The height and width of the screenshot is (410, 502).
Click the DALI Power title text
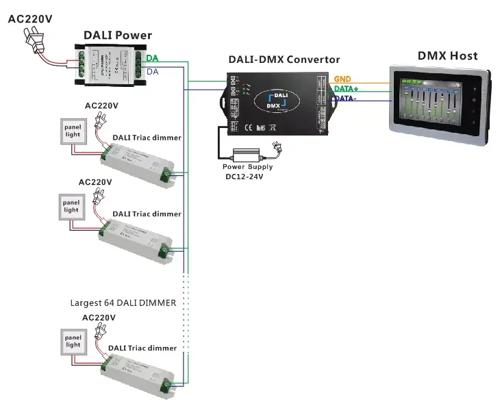[x=118, y=35]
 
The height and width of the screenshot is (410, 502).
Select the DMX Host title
[x=447, y=55]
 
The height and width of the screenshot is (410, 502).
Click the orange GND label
[x=342, y=79]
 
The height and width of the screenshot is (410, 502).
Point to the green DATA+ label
[x=347, y=89]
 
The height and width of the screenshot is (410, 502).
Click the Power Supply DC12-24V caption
[x=247, y=171]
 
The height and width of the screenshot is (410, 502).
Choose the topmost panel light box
[x=73, y=131]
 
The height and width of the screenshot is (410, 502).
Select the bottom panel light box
[x=73, y=341]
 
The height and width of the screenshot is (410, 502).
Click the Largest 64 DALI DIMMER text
[x=123, y=303]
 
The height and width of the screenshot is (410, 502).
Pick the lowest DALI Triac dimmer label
[x=142, y=348]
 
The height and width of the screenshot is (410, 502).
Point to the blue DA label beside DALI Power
[x=153, y=71]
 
